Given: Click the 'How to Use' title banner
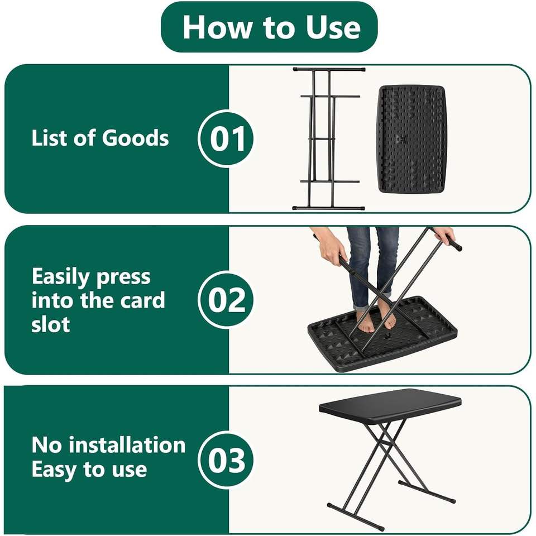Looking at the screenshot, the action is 269,27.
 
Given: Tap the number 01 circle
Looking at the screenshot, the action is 226,138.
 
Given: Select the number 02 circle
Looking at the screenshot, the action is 226,299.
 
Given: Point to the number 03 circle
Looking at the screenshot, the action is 226,460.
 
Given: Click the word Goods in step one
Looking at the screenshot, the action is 135,138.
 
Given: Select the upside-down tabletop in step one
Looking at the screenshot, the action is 412,140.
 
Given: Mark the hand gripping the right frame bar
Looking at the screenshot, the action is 445,236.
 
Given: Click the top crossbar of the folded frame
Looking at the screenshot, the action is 329,69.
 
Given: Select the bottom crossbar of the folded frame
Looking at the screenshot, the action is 328,208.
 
